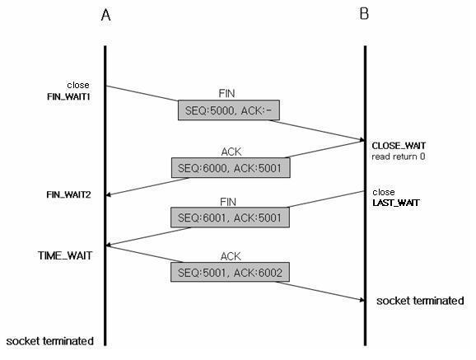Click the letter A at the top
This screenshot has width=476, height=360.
105,15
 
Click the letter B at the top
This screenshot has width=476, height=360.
364,14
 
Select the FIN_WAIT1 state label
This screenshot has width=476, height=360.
69,97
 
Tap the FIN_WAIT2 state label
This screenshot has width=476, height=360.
68,194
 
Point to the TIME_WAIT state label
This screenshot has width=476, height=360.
65,255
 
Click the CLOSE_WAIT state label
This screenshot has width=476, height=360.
399,146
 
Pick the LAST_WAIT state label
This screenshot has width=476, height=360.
396,203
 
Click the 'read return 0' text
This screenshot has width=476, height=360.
399,157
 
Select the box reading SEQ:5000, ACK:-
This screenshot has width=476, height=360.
229,110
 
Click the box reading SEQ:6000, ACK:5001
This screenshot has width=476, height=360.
231,168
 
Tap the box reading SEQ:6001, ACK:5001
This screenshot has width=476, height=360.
230,217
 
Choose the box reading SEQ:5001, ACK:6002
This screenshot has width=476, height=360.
230,272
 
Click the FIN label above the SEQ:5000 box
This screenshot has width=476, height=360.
226,93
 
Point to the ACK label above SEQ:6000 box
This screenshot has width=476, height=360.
231,152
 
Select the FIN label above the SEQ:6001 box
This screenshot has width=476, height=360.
228,202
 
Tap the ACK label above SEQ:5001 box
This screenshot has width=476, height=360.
231,256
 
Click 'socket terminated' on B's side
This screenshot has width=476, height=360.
420,301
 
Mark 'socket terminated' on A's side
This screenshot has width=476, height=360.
49,341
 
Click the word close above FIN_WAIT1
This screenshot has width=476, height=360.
78,85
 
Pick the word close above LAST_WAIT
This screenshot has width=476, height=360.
384,192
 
